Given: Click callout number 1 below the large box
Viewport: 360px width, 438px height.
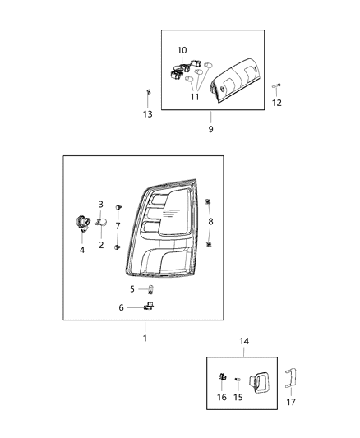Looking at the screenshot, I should click(145, 338).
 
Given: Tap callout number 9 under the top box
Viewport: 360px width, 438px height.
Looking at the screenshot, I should click(210, 129).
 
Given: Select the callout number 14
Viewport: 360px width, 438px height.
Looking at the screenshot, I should click(243, 340).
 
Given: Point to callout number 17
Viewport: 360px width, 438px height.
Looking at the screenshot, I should click(291, 402).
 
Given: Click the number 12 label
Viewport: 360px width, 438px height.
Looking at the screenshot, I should click(277, 103).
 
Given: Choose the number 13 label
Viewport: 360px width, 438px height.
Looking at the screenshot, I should click(148, 114).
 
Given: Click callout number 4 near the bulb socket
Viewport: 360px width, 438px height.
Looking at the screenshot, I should click(82, 250).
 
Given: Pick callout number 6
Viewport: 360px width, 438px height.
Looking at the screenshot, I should click(122, 307).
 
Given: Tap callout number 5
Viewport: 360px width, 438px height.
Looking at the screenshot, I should click(132, 288).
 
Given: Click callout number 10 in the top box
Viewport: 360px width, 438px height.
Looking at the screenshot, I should click(182, 51).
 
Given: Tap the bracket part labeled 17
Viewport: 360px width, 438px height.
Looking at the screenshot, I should click(290, 380).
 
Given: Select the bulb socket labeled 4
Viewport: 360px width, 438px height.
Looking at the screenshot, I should click(82, 221).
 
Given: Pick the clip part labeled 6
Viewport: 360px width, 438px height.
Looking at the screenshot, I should click(149, 307).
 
